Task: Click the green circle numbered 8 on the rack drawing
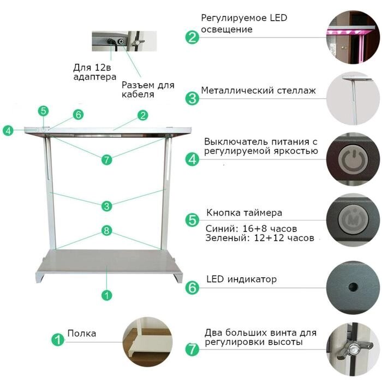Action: tap(106, 230)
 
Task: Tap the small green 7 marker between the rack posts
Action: tap(106, 160)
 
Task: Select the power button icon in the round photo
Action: tap(353, 159)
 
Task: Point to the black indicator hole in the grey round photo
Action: tap(353, 287)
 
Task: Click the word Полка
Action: tap(82, 333)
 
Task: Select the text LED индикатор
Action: tap(241, 279)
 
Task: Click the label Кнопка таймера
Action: tap(244, 213)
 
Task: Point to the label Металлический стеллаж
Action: tap(258, 91)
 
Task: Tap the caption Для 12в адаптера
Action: tap(95, 72)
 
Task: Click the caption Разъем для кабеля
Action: tap(148, 89)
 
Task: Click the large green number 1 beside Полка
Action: tap(58, 339)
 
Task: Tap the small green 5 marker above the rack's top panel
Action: tap(43, 111)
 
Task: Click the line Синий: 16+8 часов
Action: tap(251, 229)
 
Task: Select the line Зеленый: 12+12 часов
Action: tap(260, 237)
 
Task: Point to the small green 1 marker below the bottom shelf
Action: tap(106, 295)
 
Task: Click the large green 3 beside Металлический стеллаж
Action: tap(192, 98)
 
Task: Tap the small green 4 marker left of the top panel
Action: tap(8, 130)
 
